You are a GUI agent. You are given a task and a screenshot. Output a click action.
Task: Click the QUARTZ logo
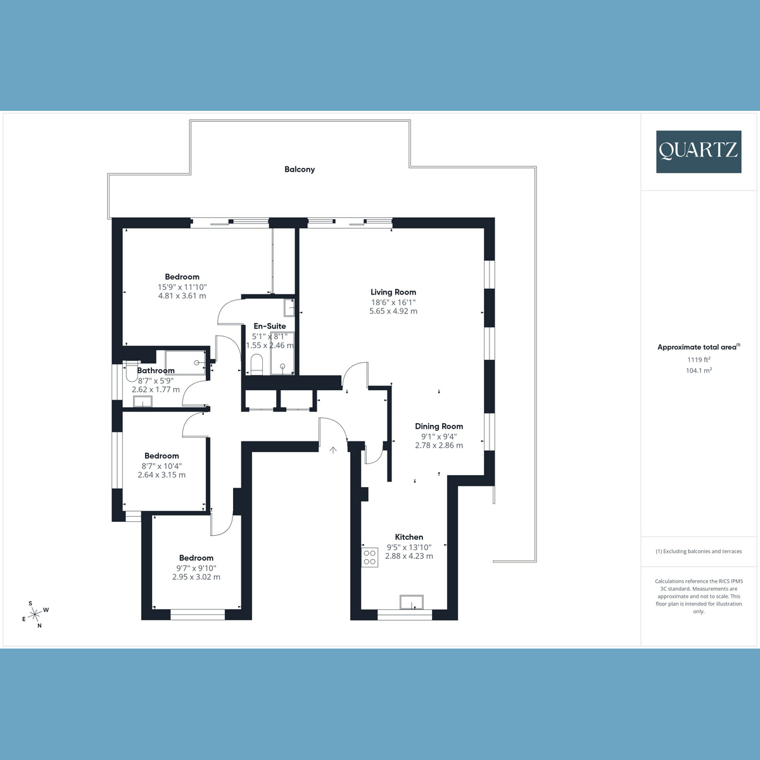pyautogui.click(x=698, y=151)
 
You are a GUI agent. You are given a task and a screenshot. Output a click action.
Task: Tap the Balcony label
pyautogui.click(x=300, y=169)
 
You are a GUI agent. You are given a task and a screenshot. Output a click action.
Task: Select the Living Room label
pyautogui.click(x=393, y=292)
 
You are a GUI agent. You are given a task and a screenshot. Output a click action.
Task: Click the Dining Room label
pyautogui.click(x=439, y=426)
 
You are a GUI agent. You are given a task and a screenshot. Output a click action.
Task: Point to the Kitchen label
pyautogui.click(x=409, y=536)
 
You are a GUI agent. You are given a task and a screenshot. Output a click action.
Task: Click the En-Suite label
pyautogui.click(x=270, y=326)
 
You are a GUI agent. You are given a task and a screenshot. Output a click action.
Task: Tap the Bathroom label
pyautogui.click(x=156, y=370)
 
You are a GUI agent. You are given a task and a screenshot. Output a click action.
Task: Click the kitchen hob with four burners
pyautogui.click(x=369, y=557)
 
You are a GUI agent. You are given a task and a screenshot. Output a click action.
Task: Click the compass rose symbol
pyautogui.click(x=35, y=613)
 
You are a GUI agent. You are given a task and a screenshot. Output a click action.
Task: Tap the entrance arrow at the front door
pyautogui.click(x=333, y=450)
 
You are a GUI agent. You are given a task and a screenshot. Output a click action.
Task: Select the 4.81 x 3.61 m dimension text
pyautogui.click(x=182, y=296)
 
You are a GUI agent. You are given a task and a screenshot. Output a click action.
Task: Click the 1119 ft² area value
pyautogui.click(x=699, y=360)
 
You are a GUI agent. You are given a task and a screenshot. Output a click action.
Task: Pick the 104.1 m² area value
pyautogui.click(x=699, y=370)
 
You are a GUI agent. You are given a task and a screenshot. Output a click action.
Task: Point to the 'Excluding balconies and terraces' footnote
pyautogui.click(x=699, y=552)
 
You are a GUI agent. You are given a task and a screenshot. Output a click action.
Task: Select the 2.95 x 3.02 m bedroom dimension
pyautogui.click(x=196, y=577)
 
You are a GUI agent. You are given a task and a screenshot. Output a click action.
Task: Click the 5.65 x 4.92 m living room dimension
pyautogui.click(x=393, y=311)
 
